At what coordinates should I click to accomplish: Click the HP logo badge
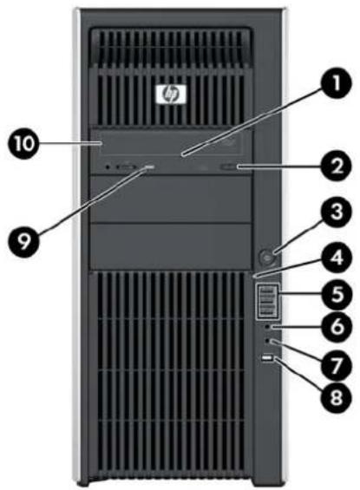coord(171,94)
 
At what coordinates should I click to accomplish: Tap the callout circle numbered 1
coord(337,84)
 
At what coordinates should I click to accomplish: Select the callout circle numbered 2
coord(337,166)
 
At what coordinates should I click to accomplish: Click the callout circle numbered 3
coord(337,212)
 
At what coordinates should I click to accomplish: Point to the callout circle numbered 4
coord(337,258)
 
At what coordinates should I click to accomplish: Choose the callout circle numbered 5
coord(337,294)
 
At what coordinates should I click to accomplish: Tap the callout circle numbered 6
coord(337,327)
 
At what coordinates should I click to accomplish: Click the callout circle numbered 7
coord(337,364)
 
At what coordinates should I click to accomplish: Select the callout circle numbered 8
coord(337,397)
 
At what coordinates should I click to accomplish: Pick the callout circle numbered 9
coord(24,243)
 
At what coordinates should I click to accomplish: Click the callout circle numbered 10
coord(24,144)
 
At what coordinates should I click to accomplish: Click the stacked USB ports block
coord(267,301)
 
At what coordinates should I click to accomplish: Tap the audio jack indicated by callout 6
coord(267,327)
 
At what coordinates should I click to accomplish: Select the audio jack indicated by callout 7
coord(267,341)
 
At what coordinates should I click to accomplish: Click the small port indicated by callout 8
coord(268,358)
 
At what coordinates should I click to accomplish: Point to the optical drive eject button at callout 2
coord(230,167)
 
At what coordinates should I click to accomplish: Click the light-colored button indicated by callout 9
coord(150,168)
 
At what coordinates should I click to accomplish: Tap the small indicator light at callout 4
coord(254,277)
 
